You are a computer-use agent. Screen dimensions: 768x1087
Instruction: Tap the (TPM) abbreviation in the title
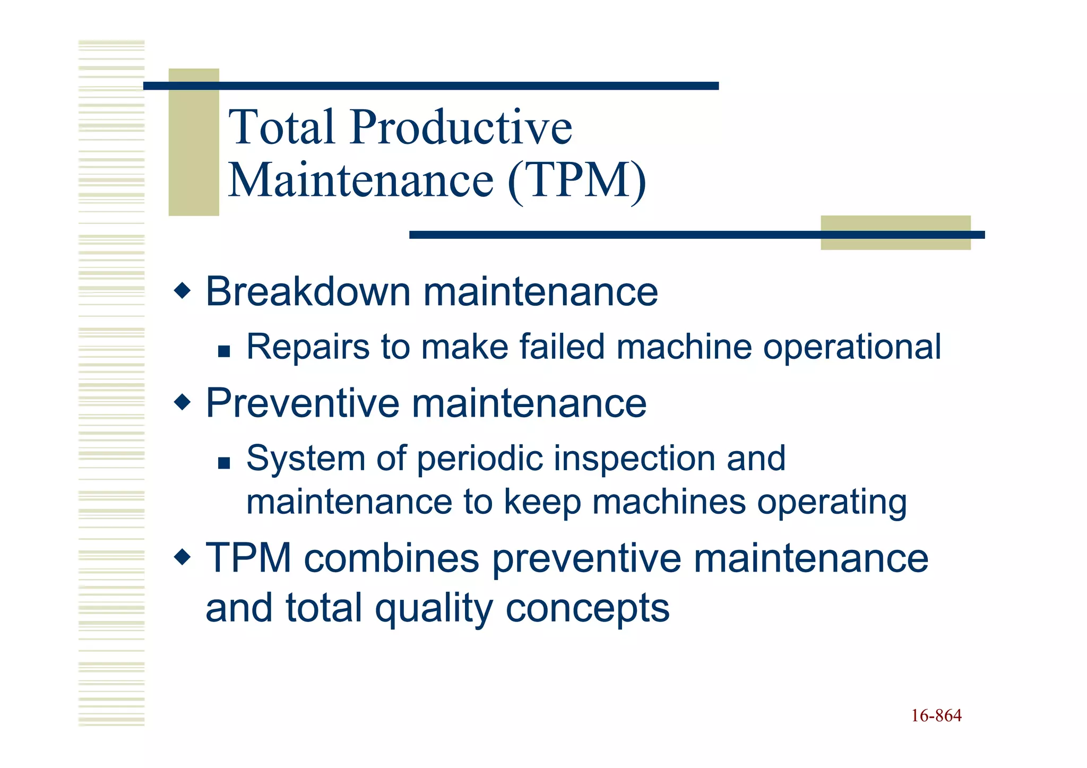pos(577,180)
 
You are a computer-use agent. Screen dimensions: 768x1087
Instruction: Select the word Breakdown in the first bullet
pos(308,292)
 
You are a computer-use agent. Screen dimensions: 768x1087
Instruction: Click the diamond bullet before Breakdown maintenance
pos(182,291)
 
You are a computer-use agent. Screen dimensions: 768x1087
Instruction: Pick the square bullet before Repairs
pos(224,351)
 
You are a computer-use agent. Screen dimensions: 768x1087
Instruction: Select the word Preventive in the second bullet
pos(302,403)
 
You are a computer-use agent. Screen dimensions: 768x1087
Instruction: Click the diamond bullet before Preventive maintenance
pos(182,402)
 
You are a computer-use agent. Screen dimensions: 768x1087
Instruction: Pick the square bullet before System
pos(224,463)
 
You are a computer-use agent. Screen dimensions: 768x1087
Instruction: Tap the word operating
pos(832,503)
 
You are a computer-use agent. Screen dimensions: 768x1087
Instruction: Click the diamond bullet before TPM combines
pos(182,557)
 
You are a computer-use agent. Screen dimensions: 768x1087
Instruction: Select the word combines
pos(391,559)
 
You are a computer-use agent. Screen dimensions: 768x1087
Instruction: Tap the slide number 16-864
pos(936,716)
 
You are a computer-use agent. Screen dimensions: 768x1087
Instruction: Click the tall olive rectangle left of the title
pos(194,142)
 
